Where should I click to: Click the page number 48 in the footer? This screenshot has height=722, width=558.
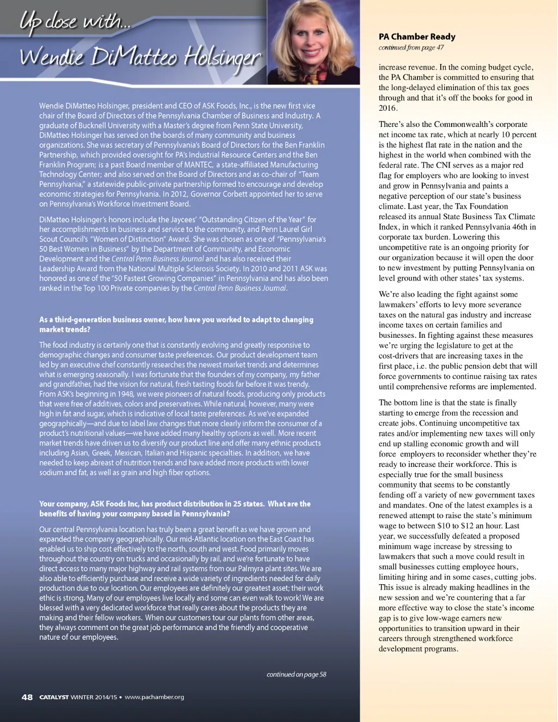[27, 697]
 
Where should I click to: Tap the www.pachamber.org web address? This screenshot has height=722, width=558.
[154, 697]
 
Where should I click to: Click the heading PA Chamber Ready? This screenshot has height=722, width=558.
[417, 37]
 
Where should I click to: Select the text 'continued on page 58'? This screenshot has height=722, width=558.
[296, 675]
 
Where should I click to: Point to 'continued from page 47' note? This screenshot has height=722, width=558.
[411, 48]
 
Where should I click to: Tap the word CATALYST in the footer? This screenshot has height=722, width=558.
[54, 697]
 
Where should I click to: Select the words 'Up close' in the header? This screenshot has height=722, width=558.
[48, 22]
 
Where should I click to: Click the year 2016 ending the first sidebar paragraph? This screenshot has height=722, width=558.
[388, 108]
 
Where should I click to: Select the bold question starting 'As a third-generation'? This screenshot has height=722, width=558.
[176, 324]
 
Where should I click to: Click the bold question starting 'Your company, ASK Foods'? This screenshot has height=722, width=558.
[174, 508]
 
